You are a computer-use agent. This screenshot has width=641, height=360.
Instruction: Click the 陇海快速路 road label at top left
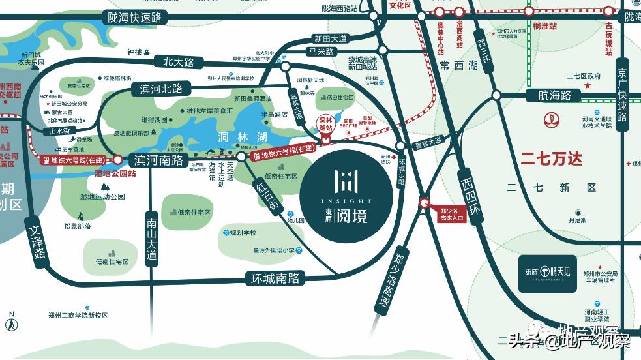[135, 18]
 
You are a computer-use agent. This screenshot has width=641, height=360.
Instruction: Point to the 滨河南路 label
[158, 159]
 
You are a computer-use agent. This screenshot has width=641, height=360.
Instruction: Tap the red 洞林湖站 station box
[325, 123]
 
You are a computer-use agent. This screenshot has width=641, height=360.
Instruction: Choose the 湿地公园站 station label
[115, 173]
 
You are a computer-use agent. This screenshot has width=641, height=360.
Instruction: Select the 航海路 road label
[554, 95]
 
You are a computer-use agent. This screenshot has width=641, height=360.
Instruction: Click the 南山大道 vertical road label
[152, 239]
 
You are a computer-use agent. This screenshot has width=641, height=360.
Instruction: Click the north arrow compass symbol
[11, 322]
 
